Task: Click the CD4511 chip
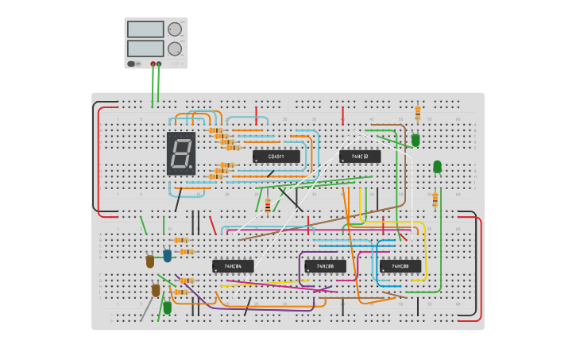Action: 276,157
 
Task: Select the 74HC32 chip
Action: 360,157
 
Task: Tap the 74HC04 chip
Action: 233,266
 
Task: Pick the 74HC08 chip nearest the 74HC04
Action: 325,266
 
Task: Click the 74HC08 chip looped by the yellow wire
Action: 400,266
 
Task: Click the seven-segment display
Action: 181,153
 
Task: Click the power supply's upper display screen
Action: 145,29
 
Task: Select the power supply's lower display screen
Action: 145,48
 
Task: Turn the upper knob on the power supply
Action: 175,29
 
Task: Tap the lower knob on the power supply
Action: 175,48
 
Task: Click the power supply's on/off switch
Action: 132,64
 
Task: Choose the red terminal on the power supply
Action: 153,64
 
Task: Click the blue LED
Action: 168,256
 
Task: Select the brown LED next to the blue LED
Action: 150,261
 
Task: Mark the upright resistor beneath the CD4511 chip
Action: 268,206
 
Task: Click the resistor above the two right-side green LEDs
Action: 418,113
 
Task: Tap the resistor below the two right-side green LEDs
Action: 435,199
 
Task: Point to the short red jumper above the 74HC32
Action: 342,116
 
